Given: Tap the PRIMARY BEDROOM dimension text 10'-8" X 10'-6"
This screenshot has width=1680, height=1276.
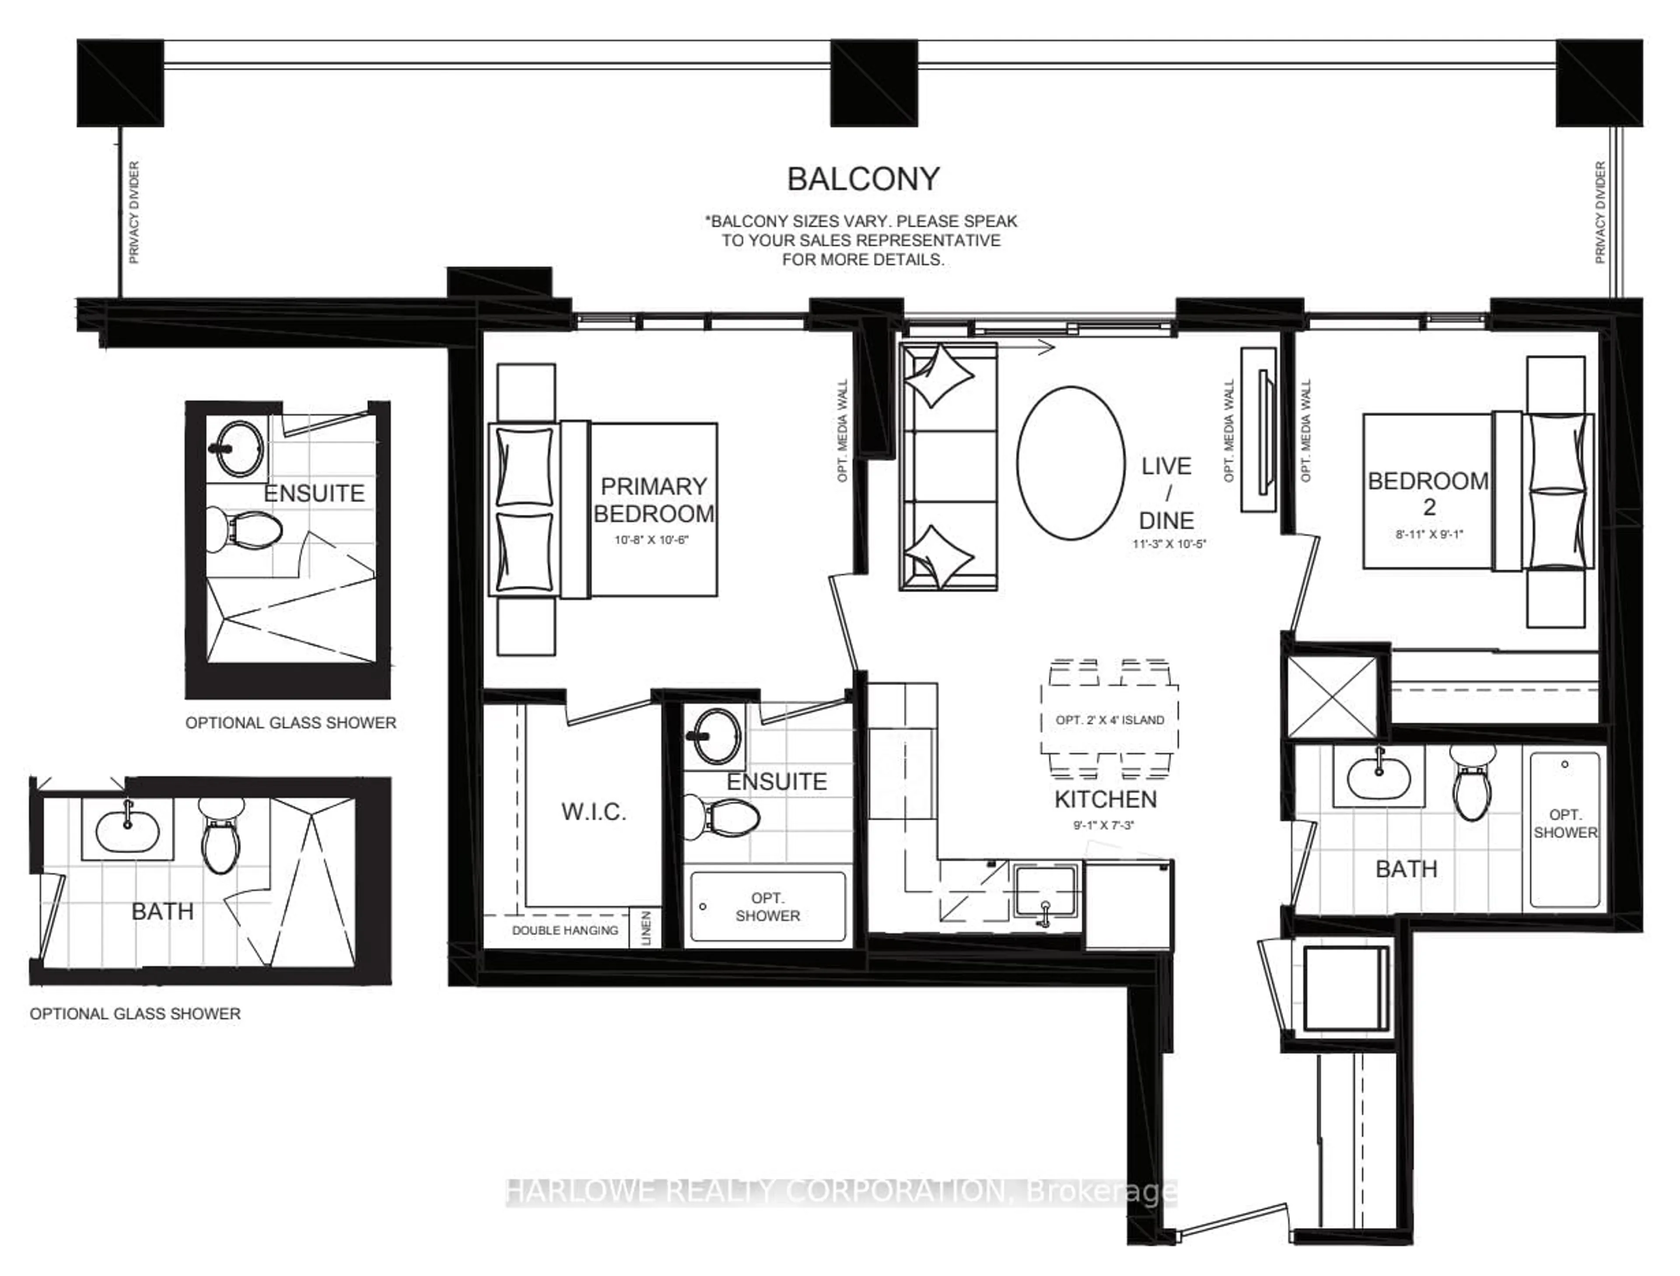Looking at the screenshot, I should pyautogui.click(x=651, y=541).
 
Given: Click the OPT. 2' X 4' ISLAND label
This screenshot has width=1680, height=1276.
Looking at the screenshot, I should pyautogui.click(x=1109, y=720).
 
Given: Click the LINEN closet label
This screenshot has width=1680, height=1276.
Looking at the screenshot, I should pyautogui.click(x=646, y=928).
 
